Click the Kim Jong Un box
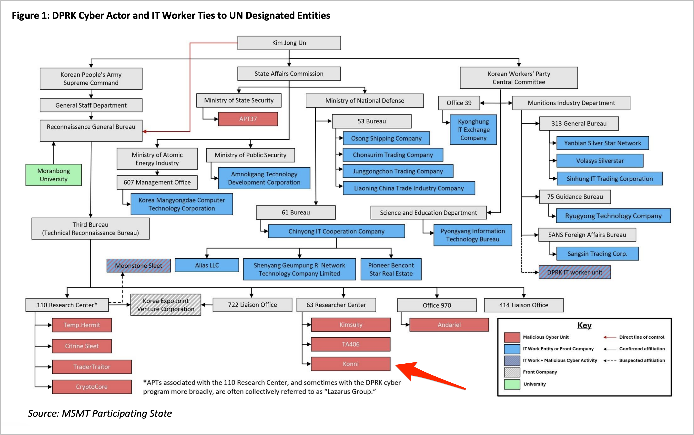pyautogui.click(x=289, y=43)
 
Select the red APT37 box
pyautogui.click(x=248, y=119)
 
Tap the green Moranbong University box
pyautogui.click(x=54, y=175)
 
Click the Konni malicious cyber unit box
pyautogui.click(x=351, y=364)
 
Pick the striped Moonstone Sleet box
pyautogui.click(x=139, y=266)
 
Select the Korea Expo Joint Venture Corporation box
pyautogui.click(x=166, y=305)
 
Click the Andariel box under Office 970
pyautogui.click(x=449, y=325)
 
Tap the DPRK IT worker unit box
pyautogui.click(x=574, y=272)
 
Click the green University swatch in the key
pyautogui.click(x=512, y=384)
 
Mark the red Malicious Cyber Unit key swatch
pyautogui.click(x=512, y=337)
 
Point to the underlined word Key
pyautogui.click(x=584, y=325)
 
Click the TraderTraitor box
pyautogui.click(x=92, y=367)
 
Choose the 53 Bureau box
pyautogui.click(x=372, y=121)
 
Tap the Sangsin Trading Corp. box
pyautogui.click(x=597, y=254)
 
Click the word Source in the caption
pyautogui.click(x=43, y=413)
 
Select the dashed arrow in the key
pyautogui.click(x=610, y=360)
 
